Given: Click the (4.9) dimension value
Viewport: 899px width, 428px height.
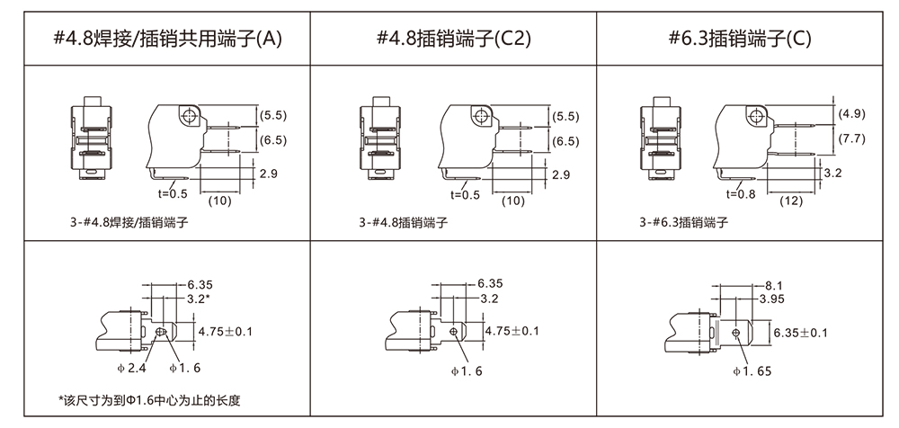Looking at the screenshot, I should pyautogui.click(x=851, y=114).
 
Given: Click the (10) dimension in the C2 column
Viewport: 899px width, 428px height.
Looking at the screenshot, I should pyautogui.click(x=512, y=201).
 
